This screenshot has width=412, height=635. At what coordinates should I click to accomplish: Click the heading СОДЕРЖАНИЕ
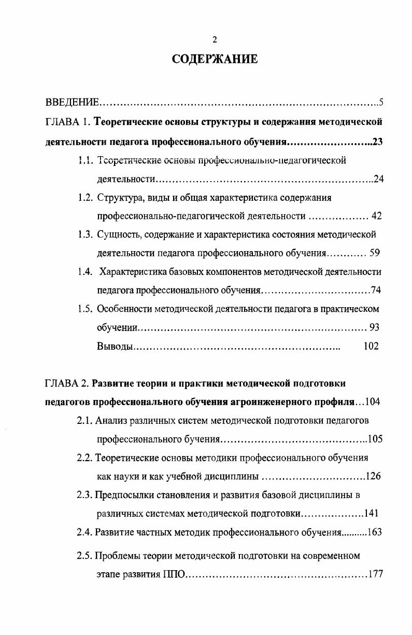[214, 59]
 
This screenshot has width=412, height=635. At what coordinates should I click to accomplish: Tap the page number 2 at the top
[215, 40]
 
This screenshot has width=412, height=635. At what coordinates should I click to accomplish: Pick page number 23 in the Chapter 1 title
[377, 142]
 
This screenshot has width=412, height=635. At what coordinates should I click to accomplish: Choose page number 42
[376, 216]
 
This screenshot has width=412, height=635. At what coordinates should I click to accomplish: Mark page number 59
[375, 254]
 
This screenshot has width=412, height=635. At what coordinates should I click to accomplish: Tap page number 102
[371, 346]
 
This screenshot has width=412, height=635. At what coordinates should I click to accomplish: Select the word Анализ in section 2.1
[110, 421]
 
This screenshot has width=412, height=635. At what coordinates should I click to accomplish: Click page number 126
[373, 476]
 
